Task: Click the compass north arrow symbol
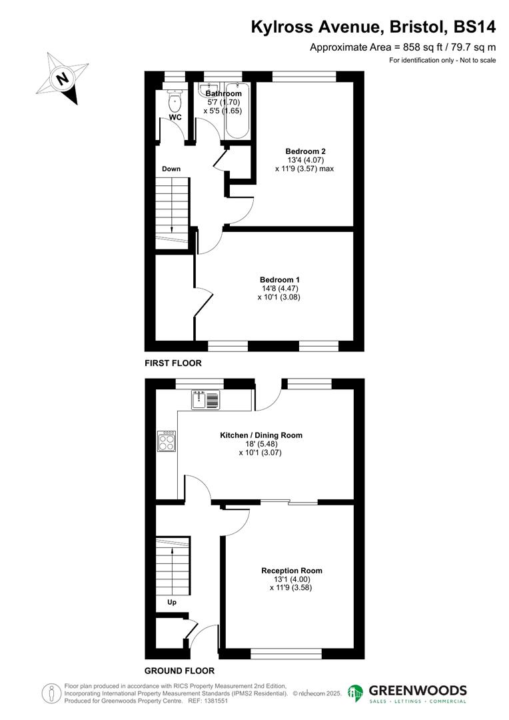tap(63, 79)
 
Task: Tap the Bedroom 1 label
tap(279, 279)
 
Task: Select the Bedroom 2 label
tap(305, 151)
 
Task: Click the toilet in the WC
tap(175, 102)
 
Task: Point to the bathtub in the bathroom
tap(237, 110)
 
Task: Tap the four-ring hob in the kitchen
tap(167, 442)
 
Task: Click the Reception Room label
tap(292, 571)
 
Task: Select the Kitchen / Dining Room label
tap(261, 435)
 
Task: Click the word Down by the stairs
tap(171, 169)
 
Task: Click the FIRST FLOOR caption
tap(173, 363)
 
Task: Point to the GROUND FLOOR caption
tap(180, 671)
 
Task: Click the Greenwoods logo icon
tap(356, 693)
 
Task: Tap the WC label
tap(175, 117)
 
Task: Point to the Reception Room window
tap(286, 653)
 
